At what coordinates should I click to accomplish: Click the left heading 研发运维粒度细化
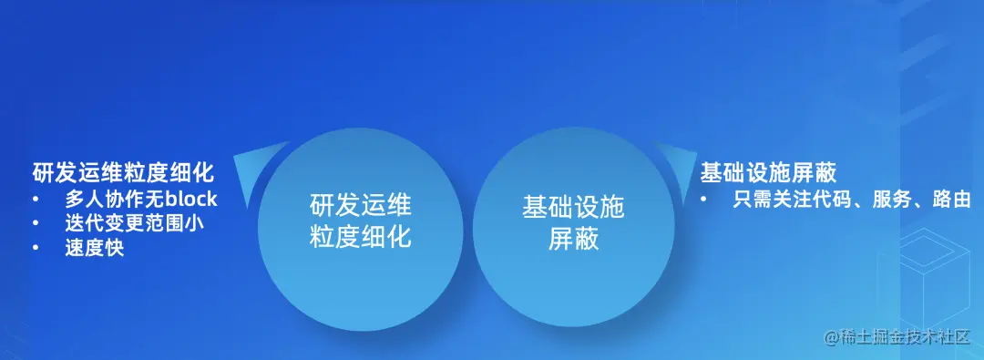coord(122,172)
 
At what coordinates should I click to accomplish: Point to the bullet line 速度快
coord(94,247)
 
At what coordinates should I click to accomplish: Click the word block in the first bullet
coord(191,199)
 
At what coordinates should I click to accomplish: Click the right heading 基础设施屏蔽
coord(768,172)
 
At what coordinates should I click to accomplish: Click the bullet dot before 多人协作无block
coord(36,199)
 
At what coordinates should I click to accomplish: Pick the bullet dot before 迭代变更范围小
coord(36,222)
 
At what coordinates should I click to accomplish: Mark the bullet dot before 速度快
coord(36,247)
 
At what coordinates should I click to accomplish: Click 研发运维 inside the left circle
coord(361,206)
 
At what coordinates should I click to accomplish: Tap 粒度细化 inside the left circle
coord(361,238)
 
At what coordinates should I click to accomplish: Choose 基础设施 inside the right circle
coord(573,206)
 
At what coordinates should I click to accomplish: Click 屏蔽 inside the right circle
coord(573,238)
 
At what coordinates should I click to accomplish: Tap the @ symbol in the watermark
coord(831,338)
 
